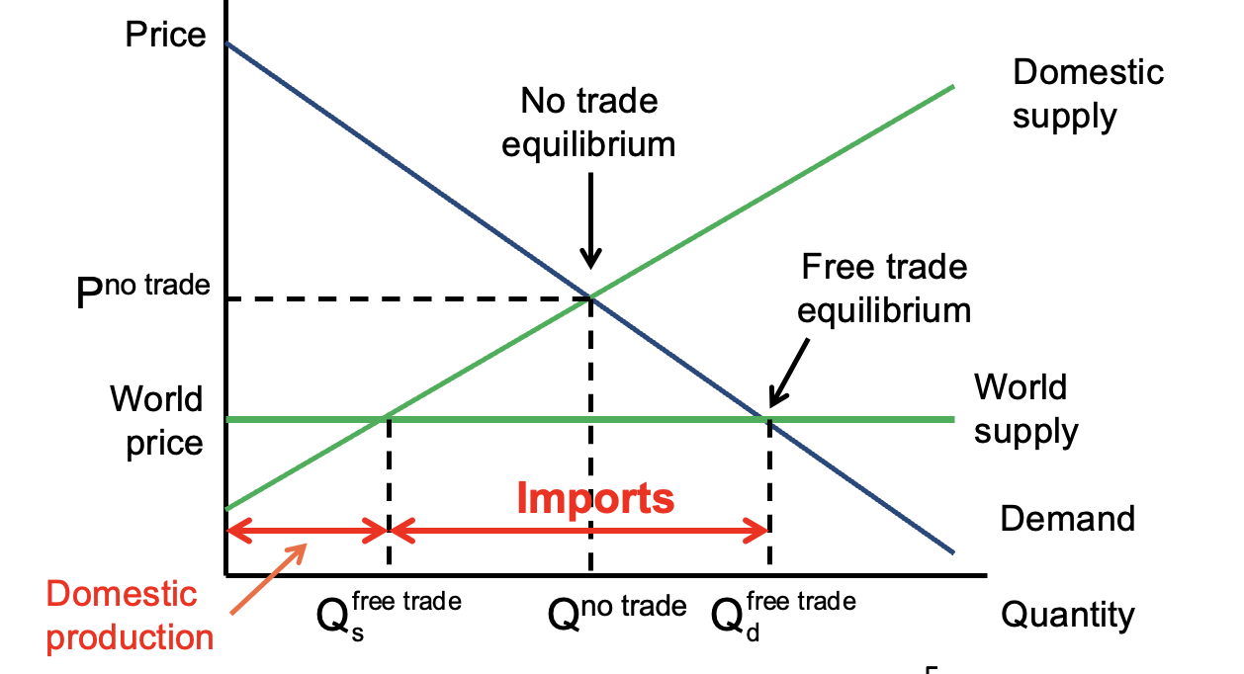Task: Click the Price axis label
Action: (165, 36)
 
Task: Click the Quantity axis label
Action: (1067, 615)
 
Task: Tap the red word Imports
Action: (595, 498)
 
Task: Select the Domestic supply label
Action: (1088, 94)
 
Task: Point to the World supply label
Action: (1025, 408)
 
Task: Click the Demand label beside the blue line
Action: (1067, 518)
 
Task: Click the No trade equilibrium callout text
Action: (588, 123)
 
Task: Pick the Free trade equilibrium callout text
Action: (884, 289)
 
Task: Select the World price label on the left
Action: (158, 420)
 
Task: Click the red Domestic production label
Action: (129, 615)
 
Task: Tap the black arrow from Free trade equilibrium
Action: (791, 372)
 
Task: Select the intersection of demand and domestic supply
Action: (590, 296)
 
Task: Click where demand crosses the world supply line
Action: (768, 419)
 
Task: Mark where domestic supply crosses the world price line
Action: (386, 419)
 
